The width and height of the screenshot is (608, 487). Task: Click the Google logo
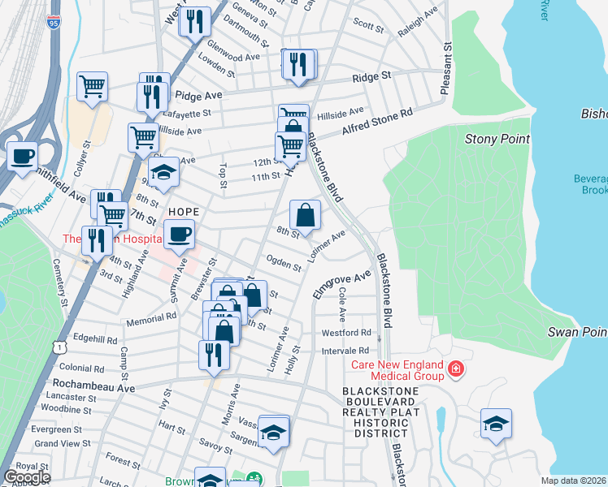26,477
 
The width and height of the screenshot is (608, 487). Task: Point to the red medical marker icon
457,369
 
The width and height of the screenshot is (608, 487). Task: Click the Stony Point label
497,139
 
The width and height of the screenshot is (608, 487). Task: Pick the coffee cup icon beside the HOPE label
179,234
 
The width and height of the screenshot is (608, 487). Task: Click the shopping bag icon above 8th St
305,215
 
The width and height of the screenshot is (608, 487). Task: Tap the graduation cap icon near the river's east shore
496,424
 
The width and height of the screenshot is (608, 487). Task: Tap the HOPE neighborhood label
183,211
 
